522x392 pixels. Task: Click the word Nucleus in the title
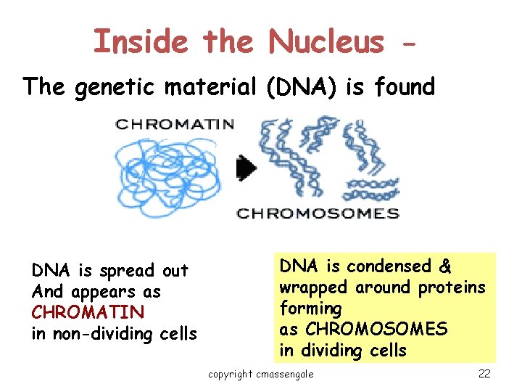tap(326, 41)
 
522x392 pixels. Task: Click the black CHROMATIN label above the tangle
tap(175, 124)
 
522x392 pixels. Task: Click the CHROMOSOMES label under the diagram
tap(318, 213)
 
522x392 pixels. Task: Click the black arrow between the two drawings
tap(246, 168)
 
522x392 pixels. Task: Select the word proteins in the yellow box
tap(451, 287)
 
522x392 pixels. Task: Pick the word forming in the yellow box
tap(310, 309)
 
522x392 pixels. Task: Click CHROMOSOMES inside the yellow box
tap(376, 330)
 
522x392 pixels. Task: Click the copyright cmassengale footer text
tap(261, 374)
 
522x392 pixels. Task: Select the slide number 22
tap(484, 374)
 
